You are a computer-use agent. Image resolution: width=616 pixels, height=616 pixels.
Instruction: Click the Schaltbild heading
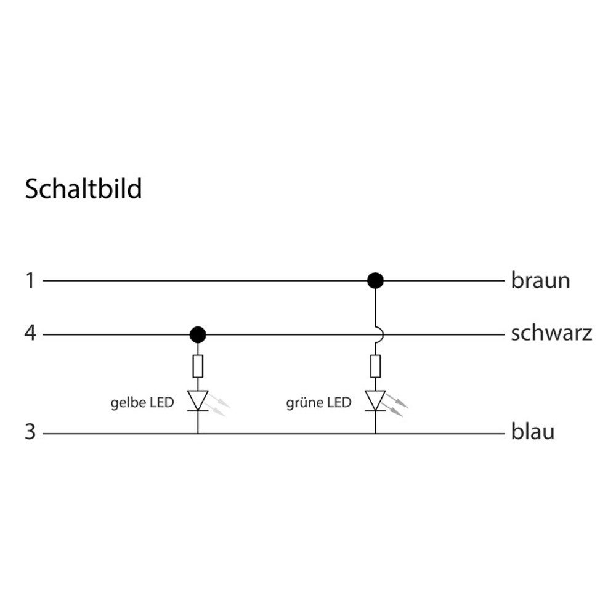tap(83, 189)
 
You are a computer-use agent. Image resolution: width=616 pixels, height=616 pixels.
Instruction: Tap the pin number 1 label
tap(30, 281)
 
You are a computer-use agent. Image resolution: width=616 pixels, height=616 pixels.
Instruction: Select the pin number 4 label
tap(30, 333)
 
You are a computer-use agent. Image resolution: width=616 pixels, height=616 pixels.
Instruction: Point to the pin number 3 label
tap(30, 432)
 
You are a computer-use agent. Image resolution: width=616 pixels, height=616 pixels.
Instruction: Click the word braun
tap(541, 280)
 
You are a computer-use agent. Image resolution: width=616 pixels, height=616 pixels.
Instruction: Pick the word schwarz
tap(551, 333)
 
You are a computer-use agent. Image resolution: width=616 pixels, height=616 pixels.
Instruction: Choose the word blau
tap(533, 431)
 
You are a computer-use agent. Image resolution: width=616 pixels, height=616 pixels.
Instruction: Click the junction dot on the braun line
tap(375, 280)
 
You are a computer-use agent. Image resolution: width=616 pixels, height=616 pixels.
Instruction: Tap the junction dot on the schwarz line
tap(198, 334)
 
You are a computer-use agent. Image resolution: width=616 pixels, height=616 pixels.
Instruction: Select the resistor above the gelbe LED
tap(198, 366)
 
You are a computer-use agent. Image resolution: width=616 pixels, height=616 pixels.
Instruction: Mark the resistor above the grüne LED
tap(376, 366)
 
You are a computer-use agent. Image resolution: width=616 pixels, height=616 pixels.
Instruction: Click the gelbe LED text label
tap(142, 403)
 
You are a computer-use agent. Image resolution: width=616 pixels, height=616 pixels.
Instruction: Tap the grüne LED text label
tap(318, 403)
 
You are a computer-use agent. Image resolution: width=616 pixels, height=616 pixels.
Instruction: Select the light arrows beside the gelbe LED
tap(219, 404)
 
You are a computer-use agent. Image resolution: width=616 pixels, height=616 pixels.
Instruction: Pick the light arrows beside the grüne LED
tap(396, 404)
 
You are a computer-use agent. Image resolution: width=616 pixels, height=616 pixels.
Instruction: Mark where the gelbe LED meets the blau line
tap(198, 434)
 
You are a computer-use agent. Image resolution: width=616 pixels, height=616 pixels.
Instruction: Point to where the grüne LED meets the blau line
tap(375, 434)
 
